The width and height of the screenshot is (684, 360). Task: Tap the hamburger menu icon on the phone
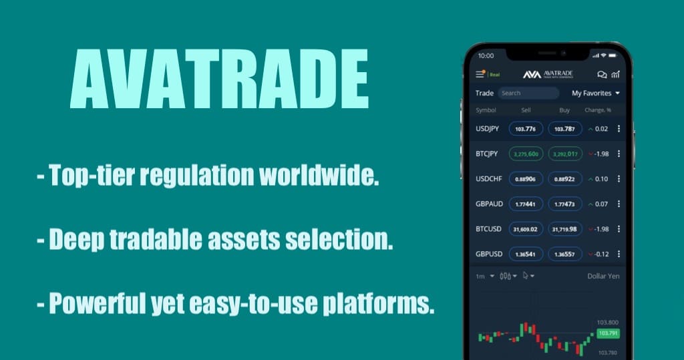[480, 75]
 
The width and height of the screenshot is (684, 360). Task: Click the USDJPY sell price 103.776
[526, 129]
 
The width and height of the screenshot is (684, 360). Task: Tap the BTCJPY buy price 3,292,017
[565, 154]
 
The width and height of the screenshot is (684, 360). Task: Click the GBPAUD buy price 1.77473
[565, 204]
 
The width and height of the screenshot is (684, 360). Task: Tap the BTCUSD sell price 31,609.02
[526, 229]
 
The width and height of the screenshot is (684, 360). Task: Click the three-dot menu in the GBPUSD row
[619, 254]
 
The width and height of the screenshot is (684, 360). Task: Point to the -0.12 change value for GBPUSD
[603, 254]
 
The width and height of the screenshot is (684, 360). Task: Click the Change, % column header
[598, 110]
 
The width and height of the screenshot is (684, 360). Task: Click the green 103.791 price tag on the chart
[608, 333]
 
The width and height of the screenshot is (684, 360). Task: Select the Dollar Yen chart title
[604, 276]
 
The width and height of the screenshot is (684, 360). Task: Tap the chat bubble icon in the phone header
[602, 75]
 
